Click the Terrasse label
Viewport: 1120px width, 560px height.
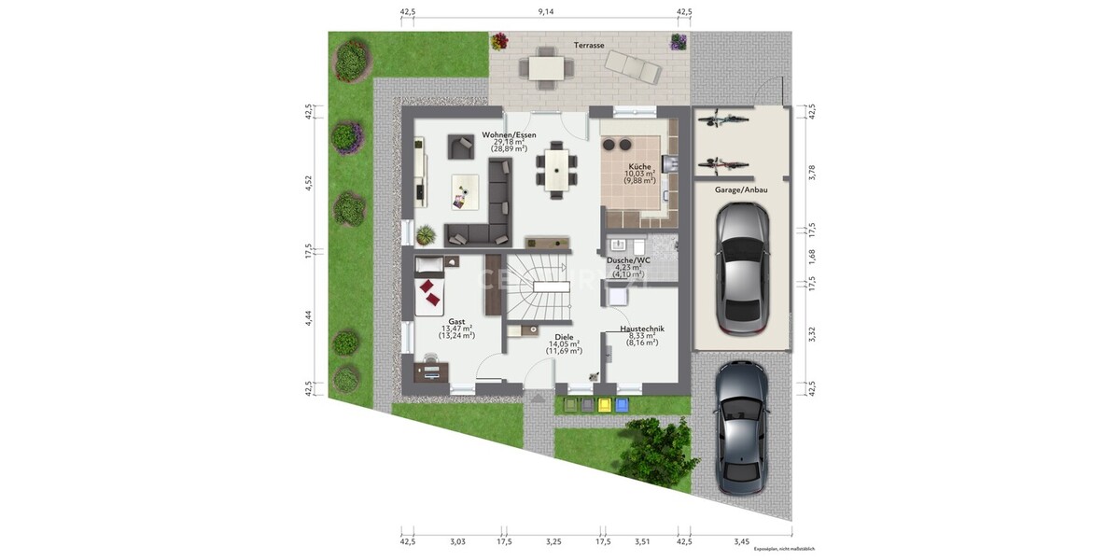point(589,45)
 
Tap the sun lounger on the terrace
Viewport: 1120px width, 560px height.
point(634,65)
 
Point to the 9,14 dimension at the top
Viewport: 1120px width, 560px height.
point(546,12)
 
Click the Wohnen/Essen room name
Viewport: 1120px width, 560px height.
point(509,135)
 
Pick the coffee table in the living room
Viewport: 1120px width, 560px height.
point(464,191)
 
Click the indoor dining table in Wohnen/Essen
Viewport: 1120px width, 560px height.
point(555,170)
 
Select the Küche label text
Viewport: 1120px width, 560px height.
point(640,166)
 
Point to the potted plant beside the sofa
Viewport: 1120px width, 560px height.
point(426,233)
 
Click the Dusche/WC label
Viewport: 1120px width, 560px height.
point(627,260)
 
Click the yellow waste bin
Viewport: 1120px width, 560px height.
point(604,405)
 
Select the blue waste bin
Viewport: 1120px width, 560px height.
point(621,405)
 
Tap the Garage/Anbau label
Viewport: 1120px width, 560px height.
point(741,189)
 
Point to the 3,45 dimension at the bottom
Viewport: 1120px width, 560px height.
point(741,541)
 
